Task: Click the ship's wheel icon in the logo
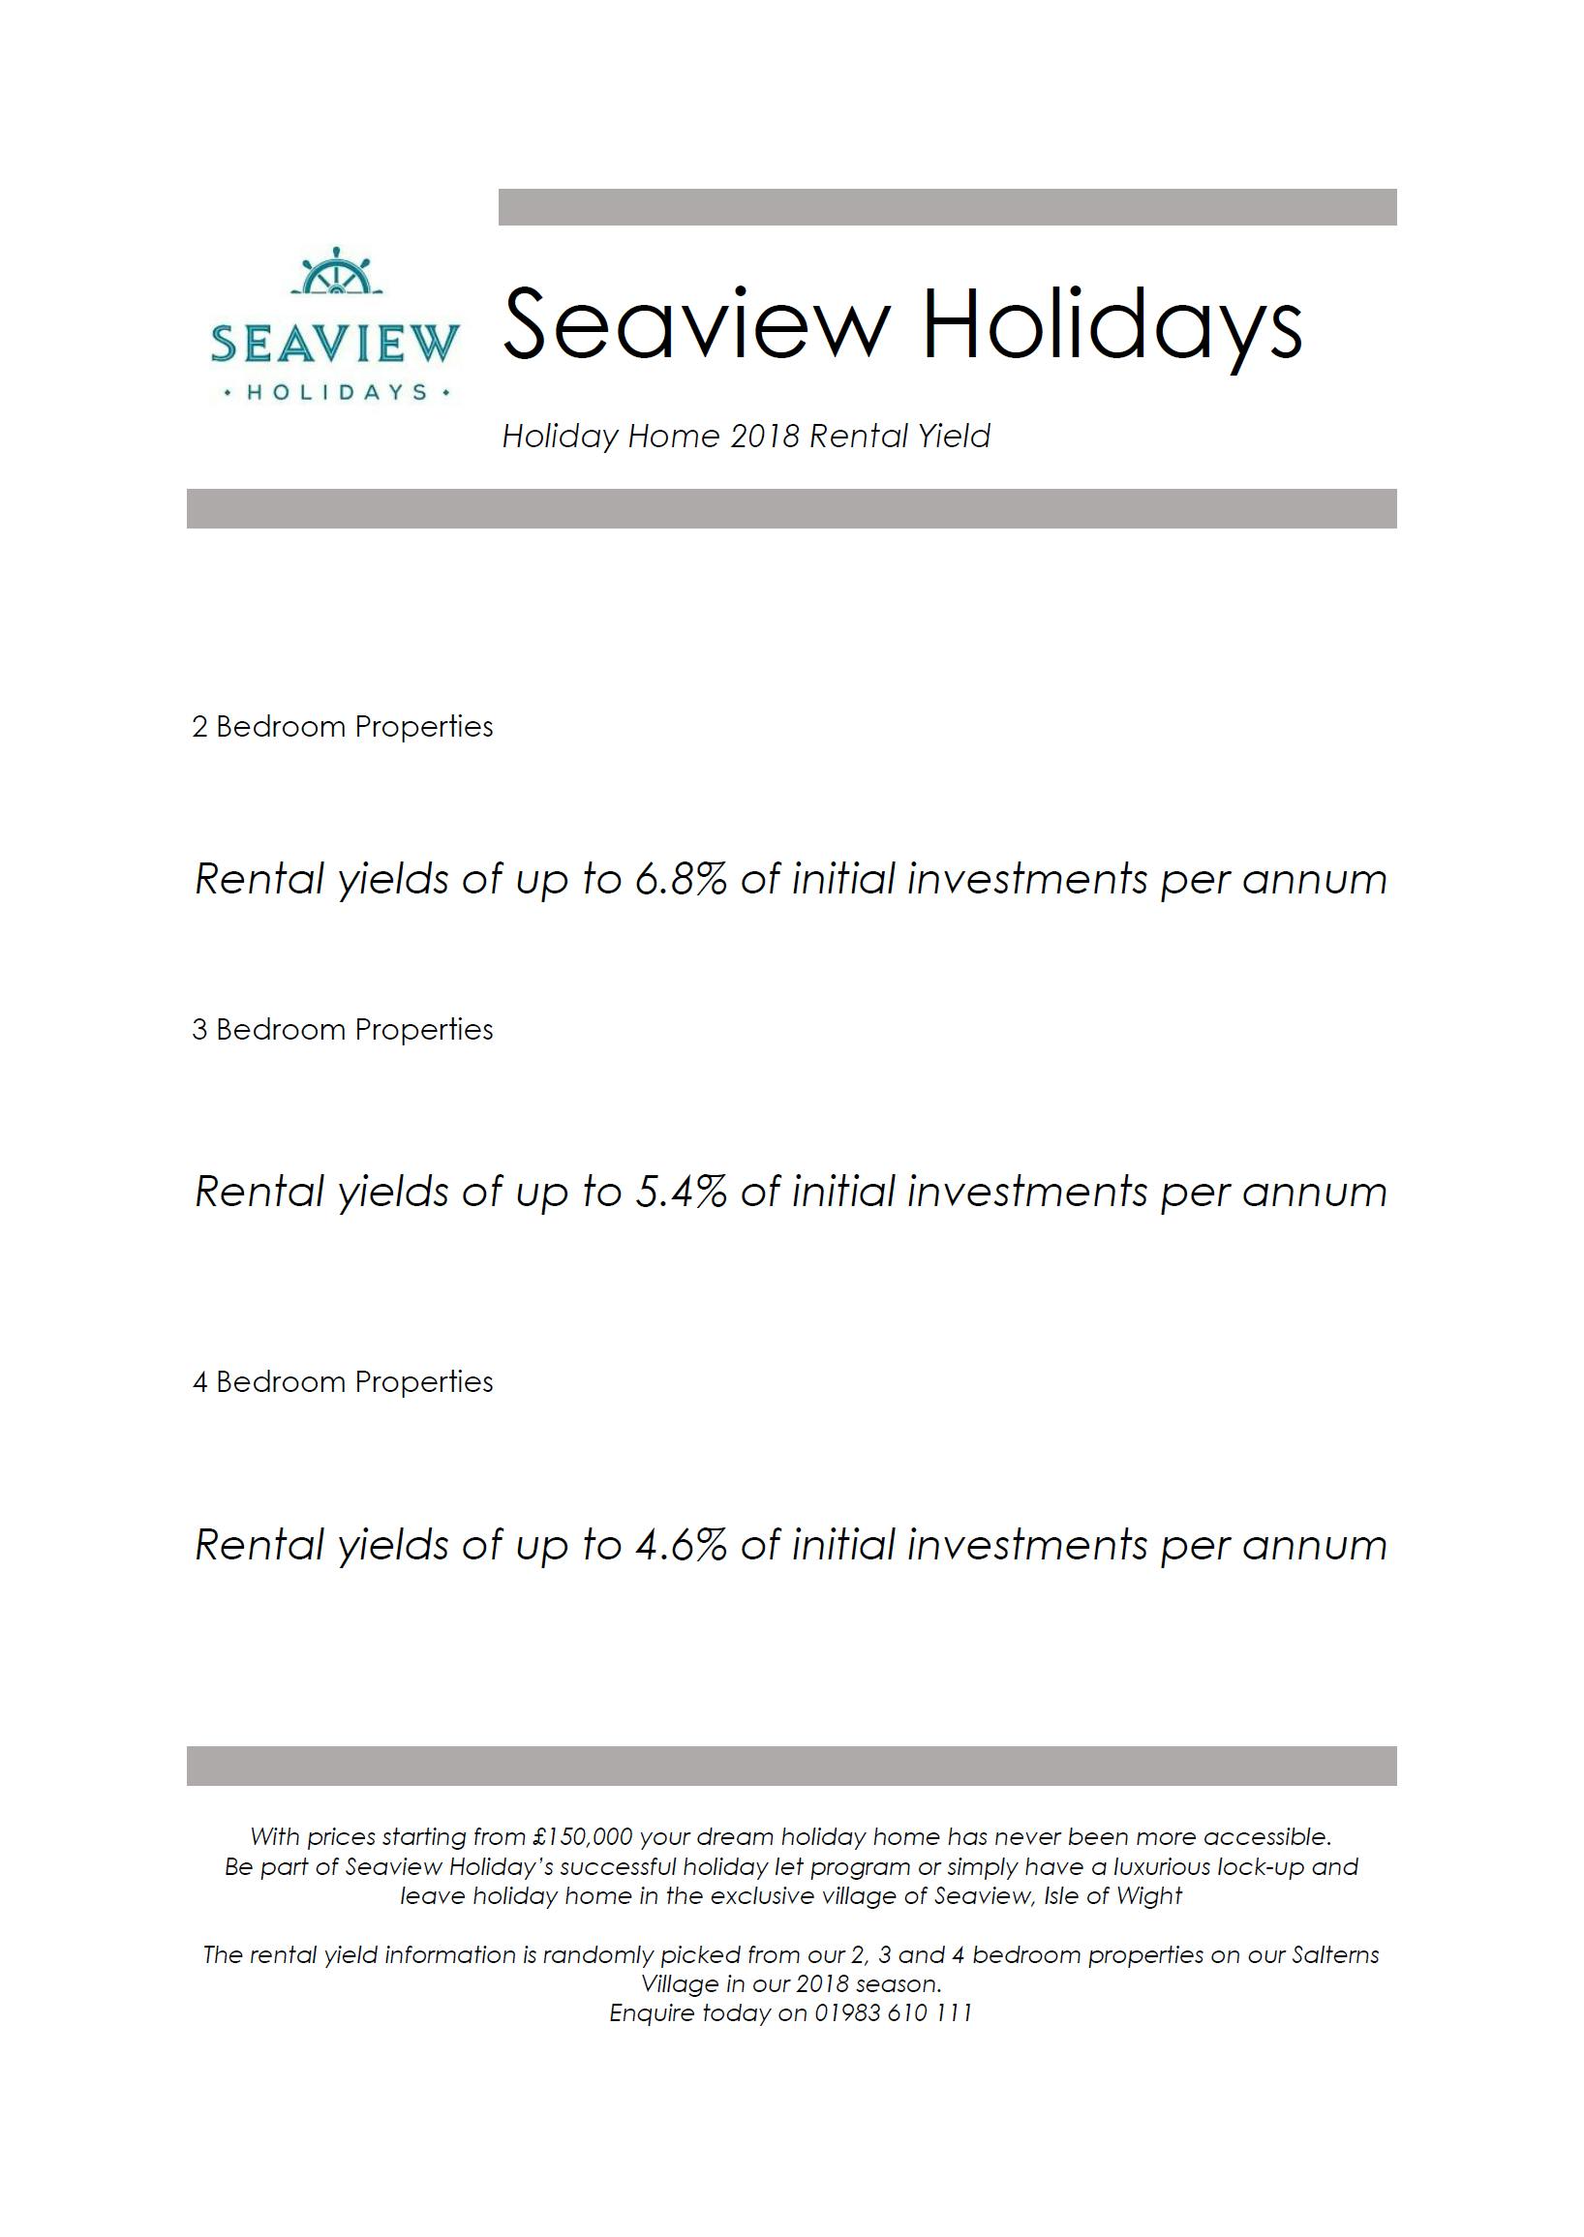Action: [336, 272]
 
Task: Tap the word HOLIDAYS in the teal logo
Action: [337, 392]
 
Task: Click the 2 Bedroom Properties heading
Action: [343, 727]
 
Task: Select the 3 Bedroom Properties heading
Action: [343, 1029]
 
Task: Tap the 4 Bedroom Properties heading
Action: [343, 1382]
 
